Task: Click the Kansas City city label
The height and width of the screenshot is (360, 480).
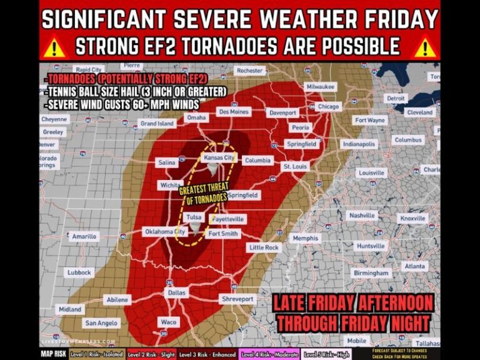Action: (219, 158)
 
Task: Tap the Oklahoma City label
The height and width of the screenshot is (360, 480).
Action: (166, 231)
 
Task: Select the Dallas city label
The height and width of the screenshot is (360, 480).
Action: (177, 292)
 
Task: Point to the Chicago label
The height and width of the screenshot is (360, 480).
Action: (328, 107)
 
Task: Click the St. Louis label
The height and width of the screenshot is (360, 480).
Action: (295, 167)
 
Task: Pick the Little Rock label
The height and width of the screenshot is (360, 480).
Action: (264, 247)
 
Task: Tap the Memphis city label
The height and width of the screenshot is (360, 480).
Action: (306, 238)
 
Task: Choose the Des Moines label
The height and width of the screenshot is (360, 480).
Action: (234, 112)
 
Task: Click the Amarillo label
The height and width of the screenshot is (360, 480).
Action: (84, 237)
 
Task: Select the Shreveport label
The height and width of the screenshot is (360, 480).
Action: (238, 299)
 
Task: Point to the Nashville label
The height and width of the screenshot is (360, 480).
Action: (362, 216)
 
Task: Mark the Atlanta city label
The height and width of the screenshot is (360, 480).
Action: (414, 266)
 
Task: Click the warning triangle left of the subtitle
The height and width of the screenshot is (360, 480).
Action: (56, 47)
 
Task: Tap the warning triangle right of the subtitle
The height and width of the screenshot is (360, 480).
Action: (424, 47)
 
